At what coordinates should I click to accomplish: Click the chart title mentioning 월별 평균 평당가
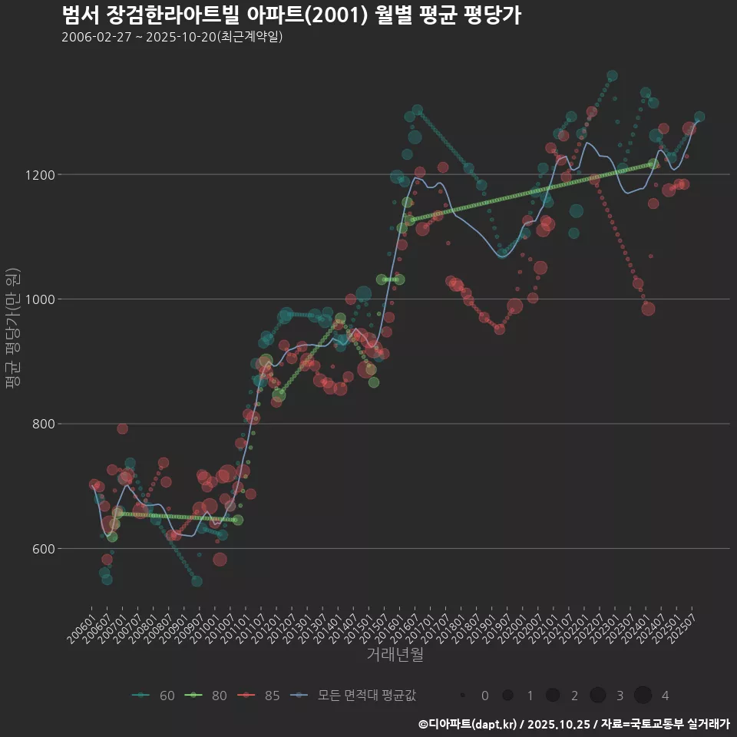point(291,15)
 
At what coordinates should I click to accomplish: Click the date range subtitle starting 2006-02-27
point(172,37)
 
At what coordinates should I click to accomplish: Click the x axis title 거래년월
point(395,654)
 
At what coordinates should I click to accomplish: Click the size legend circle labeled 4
point(643,696)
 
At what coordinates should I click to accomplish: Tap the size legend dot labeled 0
point(463,696)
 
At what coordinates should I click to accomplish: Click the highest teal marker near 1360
point(612,76)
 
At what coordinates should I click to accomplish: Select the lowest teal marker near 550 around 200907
point(197,581)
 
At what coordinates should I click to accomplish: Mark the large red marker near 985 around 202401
point(648,309)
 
